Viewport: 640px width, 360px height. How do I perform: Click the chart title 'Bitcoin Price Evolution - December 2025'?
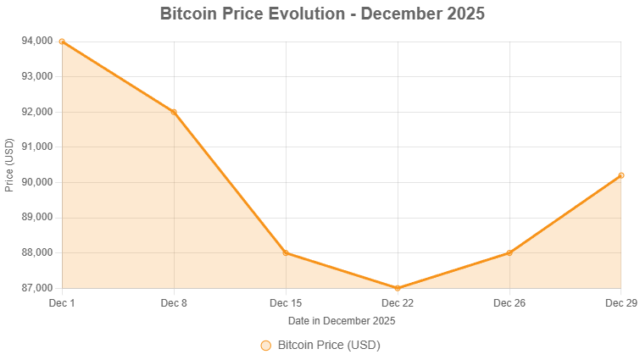pos(322,14)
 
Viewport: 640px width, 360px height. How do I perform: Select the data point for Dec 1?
pos(62,41)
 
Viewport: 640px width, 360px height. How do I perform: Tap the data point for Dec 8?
pos(174,111)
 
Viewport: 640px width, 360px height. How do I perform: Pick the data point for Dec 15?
pos(286,252)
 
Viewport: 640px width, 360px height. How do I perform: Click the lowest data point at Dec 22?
pos(398,288)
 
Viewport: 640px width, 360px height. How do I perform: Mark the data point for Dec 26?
pos(509,252)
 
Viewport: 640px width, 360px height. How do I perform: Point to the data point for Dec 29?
pos(621,175)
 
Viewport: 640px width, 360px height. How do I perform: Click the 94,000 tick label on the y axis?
pos(37,41)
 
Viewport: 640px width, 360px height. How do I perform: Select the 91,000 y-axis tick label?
pos(37,147)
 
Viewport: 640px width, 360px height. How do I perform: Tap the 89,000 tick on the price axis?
pos(37,218)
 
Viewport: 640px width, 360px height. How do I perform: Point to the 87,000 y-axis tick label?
pos(37,288)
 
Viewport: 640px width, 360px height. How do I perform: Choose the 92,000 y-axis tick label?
pos(37,112)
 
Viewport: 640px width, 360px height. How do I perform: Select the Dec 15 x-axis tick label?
pos(286,302)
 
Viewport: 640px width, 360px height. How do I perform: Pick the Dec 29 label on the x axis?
pos(621,302)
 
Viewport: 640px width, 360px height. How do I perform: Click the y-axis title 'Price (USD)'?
pos(9,164)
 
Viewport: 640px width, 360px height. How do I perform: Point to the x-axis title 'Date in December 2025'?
pos(342,321)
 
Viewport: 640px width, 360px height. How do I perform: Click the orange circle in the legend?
pos(265,346)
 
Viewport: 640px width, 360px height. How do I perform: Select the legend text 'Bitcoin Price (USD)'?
pos(329,346)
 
